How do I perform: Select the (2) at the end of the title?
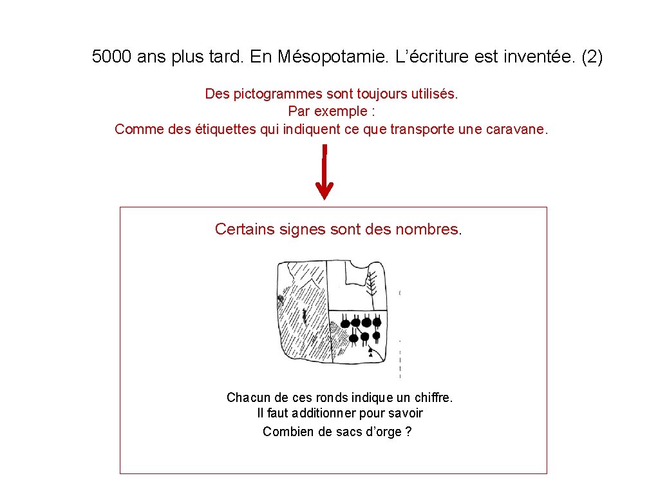pos(592,57)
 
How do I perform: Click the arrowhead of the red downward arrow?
pos(324,191)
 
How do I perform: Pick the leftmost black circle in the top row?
pos(345,321)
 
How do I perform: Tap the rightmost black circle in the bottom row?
pos(376,336)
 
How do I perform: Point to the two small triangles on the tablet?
pos(370,352)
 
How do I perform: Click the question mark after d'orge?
pos(409,432)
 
